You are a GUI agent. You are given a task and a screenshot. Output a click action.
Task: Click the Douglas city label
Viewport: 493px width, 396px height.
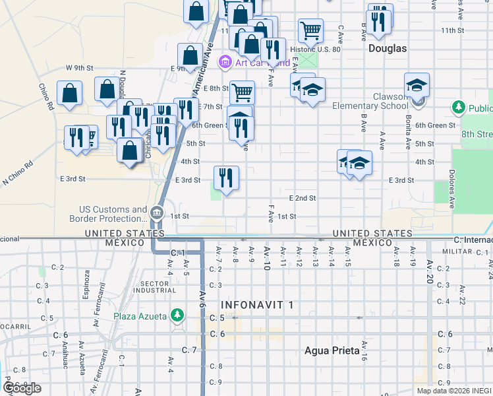click(x=388, y=48)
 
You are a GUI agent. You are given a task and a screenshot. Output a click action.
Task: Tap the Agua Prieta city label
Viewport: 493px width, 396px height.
click(x=332, y=350)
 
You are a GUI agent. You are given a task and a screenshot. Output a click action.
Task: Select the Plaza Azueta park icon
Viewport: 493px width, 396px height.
click(x=177, y=316)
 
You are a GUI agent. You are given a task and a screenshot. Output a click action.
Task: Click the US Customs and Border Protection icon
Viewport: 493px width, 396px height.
click(x=157, y=213)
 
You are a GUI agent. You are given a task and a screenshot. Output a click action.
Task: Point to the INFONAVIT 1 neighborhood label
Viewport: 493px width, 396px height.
click(x=257, y=305)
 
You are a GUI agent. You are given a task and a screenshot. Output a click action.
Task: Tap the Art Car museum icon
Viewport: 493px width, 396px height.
click(x=225, y=63)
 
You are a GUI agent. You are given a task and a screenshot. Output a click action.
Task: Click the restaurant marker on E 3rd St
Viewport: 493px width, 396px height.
click(x=226, y=178)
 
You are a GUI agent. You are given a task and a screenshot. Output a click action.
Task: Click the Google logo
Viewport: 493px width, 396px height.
click(x=22, y=388)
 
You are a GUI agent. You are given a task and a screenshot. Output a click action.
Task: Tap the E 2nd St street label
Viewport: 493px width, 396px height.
click(x=303, y=198)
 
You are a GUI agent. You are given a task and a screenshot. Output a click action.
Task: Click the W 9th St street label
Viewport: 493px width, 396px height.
click(x=80, y=68)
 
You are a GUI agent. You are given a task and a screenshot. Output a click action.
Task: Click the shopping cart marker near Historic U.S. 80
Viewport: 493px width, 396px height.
click(x=310, y=30)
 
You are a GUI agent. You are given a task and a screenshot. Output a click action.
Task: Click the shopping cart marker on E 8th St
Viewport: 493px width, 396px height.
click(x=243, y=92)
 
